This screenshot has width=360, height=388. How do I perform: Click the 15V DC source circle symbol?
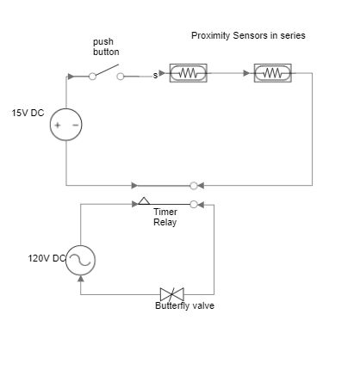pyautogui.click(x=66, y=125)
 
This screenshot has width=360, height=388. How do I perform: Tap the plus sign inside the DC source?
pyautogui.click(x=58, y=125)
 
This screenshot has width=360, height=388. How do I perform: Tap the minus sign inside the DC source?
pyautogui.click(x=75, y=125)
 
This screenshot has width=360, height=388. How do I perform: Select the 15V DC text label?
pyautogui.click(x=28, y=113)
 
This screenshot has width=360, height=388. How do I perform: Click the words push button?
pyautogui.click(x=106, y=47)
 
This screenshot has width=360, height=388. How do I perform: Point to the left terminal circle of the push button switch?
pyautogui.click(x=93, y=75)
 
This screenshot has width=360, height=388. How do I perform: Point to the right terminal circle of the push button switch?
pyautogui.click(x=121, y=75)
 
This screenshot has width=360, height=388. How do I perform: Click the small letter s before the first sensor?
pyautogui.click(x=155, y=76)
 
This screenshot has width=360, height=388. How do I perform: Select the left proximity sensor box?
pyautogui.click(x=188, y=74)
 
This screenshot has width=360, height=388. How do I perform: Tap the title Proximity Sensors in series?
pyautogui.click(x=247, y=36)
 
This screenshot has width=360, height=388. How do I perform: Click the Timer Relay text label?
pyautogui.click(x=164, y=217)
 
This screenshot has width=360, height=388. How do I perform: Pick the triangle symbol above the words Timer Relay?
pyautogui.click(x=144, y=202)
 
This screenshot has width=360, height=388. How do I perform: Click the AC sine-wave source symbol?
pyautogui.click(x=80, y=260)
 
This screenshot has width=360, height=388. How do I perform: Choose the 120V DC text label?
pyautogui.click(x=46, y=258)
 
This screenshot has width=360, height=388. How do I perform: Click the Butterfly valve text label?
pyautogui.click(x=184, y=305)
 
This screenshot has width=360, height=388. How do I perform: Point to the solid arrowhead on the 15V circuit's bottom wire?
pyautogui.click(x=134, y=185)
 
